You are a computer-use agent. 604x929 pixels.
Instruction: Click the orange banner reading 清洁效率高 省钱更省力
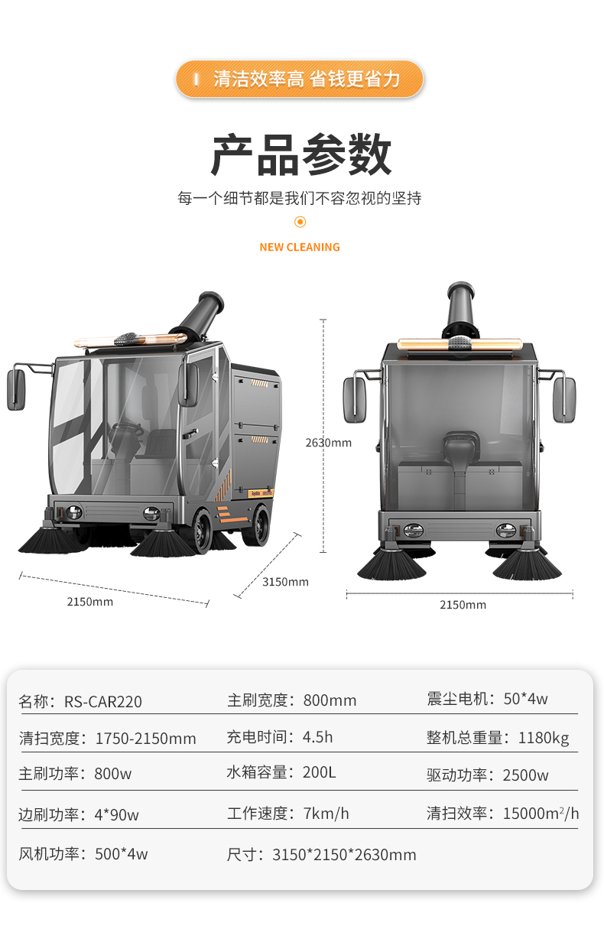coord(300,79)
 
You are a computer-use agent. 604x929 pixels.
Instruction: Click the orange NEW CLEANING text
coord(300,247)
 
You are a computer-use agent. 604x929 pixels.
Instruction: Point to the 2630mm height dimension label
coord(328,443)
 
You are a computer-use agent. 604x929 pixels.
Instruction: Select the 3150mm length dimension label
coord(285,582)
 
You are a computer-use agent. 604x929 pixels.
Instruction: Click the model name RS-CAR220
coord(103,701)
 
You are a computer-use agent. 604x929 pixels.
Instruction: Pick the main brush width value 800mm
coord(330,700)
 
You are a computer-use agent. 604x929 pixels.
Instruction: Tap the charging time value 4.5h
coord(317,737)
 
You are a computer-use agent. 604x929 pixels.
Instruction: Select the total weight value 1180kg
coord(544,738)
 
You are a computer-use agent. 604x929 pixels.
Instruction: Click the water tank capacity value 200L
coord(319,772)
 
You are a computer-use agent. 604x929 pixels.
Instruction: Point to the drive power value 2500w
coord(525,775)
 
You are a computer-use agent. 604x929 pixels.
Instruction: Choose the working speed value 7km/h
coord(326,814)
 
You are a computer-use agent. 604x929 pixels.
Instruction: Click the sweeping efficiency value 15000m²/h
coord(541,814)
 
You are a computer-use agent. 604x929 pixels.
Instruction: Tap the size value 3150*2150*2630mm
coord(344,855)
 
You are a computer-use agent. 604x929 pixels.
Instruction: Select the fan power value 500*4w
coord(121,854)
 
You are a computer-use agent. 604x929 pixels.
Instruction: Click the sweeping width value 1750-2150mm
coord(145,739)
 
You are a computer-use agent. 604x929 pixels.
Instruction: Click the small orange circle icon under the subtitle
coord(300,222)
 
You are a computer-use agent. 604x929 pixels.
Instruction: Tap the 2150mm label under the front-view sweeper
coord(463,605)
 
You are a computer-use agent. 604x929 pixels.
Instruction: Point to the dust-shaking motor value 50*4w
coord(525,699)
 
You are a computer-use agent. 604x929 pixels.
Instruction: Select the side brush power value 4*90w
coord(116,814)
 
